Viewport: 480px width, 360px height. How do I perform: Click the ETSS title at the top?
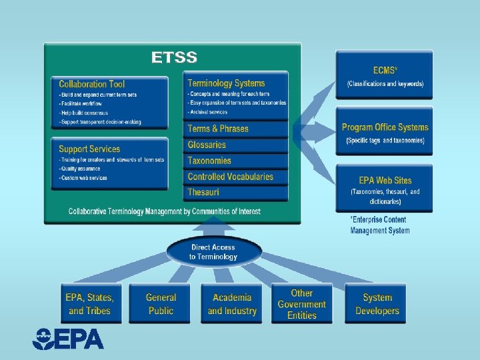click(x=174, y=57)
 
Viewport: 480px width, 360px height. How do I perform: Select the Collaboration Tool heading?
click(x=92, y=84)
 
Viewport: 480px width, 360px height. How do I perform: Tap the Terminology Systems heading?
click(x=226, y=83)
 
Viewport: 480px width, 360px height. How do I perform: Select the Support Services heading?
click(x=89, y=149)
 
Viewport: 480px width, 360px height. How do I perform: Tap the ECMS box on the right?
click(x=385, y=76)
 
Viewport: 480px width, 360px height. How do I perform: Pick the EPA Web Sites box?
click(x=385, y=189)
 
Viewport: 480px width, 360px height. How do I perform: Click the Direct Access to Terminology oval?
click(x=213, y=251)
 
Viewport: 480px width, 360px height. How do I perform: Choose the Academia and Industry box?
click(x=232, y=304)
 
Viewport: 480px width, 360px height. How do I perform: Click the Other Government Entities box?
click(x=301, y=304)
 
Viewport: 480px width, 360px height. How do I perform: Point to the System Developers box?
click(x=377, y=304)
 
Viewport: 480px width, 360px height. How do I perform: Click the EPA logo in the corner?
click(x=69, y=339)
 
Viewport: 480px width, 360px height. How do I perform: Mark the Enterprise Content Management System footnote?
click(x=379, y=225)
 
